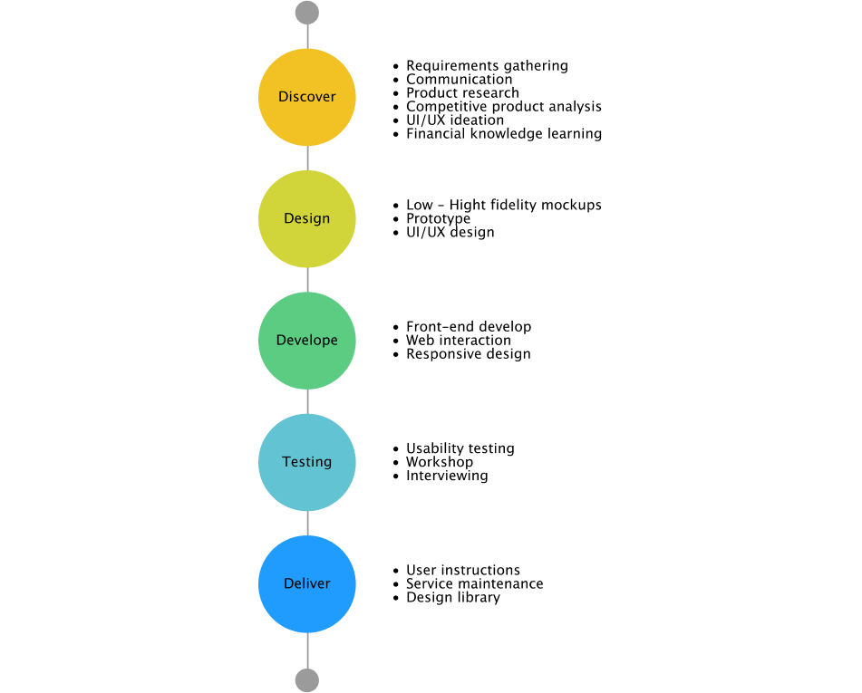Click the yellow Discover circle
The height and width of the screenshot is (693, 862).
[306, 97]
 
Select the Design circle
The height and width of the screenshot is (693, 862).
[306, 218]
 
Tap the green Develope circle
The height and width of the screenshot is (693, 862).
[306, 341]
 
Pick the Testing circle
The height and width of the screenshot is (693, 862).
[306, 462]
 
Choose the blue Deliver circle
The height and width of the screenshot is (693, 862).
[306, 583]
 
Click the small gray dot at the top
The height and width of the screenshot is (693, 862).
[306, 13]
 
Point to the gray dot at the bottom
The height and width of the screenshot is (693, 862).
[306, 680]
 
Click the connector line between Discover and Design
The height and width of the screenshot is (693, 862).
[307, 159]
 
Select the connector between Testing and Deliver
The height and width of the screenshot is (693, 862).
[307, 524]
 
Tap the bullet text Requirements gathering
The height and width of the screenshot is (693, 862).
[487, 66]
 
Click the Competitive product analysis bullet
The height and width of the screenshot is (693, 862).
[504, 107]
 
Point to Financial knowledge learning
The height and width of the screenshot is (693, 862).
[504, 134]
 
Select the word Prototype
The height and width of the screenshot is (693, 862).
[438, 218]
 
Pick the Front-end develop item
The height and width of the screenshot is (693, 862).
[469, 327]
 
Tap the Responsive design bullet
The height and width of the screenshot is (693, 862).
[469, 354]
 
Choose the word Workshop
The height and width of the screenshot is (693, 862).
[440, 462]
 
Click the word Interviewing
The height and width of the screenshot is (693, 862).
[447, 476]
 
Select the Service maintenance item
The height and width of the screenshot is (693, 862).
[474, 583]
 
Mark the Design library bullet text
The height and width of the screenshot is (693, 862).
[453, 597]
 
